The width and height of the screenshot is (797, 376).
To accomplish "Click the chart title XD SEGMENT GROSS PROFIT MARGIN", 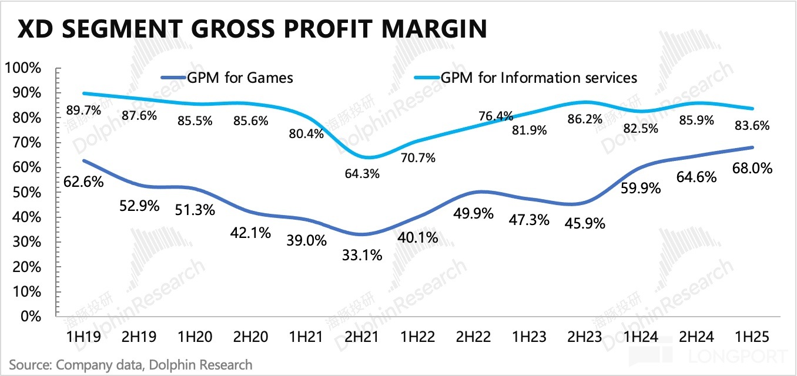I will pyautogui.click(x=252, y=29).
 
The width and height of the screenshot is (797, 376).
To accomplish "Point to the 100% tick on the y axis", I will pyautogui.click(x=23, y=68).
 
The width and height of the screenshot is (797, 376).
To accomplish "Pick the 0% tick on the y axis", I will pyautogui.click(x=31, y=316).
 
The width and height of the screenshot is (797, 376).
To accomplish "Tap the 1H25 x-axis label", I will pyautogui.click(x=752, y=337).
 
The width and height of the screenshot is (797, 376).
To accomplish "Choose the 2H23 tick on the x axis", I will pyautogui.click(x=585, y=337).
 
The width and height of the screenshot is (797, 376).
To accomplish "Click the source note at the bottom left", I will pyautogui.click(x=130, y=364).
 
